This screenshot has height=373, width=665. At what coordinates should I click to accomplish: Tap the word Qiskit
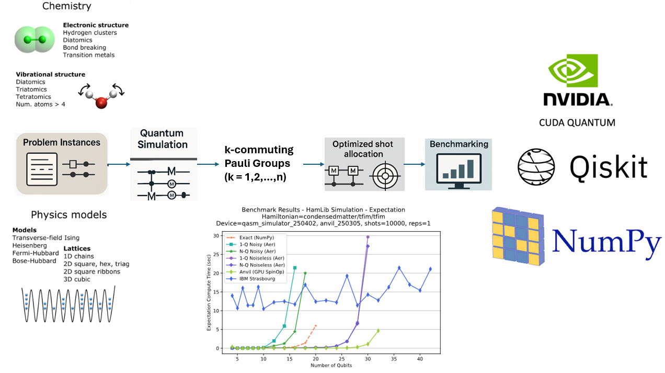(x=608, y=166)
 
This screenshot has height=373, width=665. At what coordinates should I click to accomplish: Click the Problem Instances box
(x=61, y=164)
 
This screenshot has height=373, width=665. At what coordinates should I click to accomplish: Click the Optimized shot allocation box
(x=362, y=163)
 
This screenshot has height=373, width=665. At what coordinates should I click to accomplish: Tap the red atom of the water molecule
(x=101, y=103)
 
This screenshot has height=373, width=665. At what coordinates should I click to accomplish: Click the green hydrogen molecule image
(x=35, y=38)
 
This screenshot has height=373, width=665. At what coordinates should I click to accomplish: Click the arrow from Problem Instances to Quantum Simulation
(x=119, y=164)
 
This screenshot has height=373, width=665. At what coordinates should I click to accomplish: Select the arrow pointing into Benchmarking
(x=415, y=164)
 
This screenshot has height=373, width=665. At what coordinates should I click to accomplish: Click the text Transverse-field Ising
(x=46, y=238)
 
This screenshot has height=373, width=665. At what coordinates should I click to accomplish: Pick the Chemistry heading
(x=66, y=6)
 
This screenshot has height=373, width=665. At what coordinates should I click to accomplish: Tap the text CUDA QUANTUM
(x=577, y=122)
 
